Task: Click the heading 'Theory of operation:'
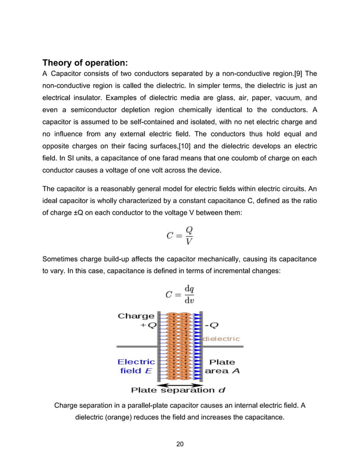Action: pos(85,62)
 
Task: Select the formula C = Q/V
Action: pos(180,236)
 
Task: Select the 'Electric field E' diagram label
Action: pos(136,366)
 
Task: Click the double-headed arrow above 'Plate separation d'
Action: pos(179,383)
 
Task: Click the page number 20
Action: pos(180,445)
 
